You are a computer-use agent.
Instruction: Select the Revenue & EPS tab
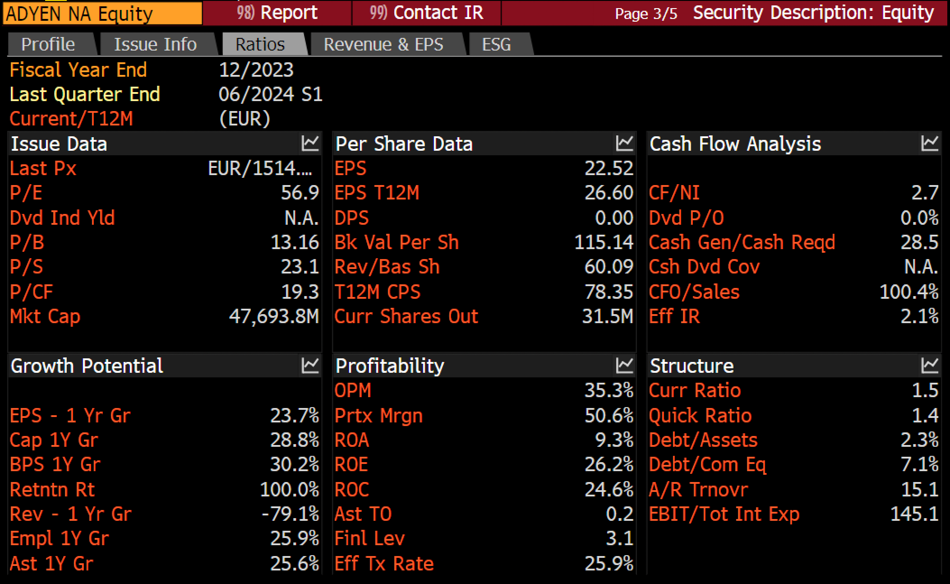tap(383, 44)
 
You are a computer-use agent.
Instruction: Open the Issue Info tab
tap(155, 44)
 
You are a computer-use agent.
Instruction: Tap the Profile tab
tap(48, 44)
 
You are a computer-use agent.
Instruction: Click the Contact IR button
tap(426, 13)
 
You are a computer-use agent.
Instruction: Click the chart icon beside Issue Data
tap(310, 143)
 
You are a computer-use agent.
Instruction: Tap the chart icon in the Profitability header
tap(625, 365)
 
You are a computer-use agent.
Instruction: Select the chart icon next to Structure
tap(930, 365)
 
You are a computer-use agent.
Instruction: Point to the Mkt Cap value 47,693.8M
tap(274, 316)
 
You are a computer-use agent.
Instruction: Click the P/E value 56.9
tap(300, 193)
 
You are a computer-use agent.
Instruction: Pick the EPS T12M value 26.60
tap(609, 193)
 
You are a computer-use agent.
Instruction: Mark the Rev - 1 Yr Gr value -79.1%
tap(291, 514)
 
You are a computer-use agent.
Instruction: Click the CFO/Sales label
tap(694, 292)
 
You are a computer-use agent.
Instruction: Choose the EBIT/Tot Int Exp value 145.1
tap(914, 514)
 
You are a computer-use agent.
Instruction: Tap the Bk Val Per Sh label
tap(397, 242)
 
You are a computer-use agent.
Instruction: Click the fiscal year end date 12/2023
tap(256, 70)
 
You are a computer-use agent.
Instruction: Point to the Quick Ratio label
tap(700, 416)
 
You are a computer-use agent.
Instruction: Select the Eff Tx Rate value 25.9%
tap(609, 564)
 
